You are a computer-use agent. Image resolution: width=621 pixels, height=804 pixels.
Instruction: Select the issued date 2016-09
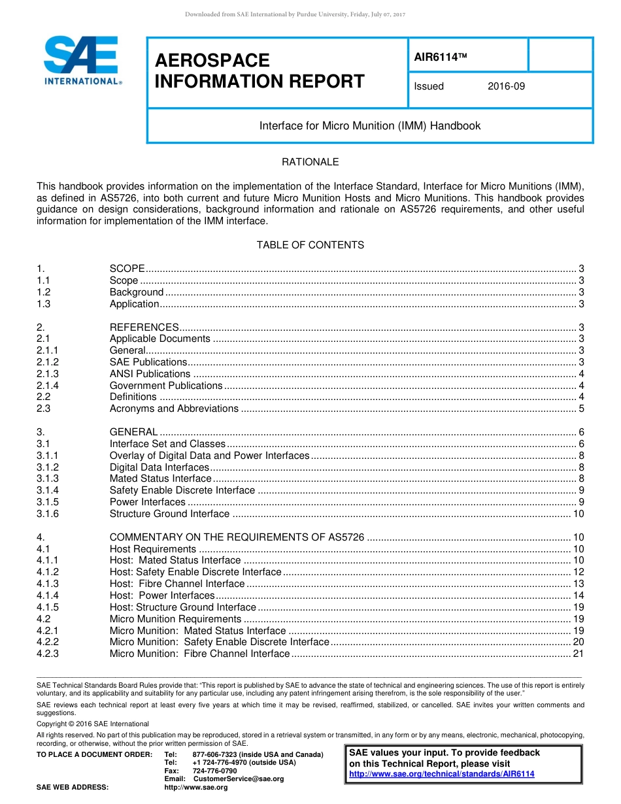pos(506,86)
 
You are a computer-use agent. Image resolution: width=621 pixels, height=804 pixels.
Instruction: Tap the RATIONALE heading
pos(310,162)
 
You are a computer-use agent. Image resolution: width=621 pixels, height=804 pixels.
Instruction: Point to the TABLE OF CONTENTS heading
pos(310,245)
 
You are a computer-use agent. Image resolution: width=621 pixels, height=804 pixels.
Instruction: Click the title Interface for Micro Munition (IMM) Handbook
pos(370,126)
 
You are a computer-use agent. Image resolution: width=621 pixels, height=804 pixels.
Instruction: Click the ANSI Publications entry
pos(150,374)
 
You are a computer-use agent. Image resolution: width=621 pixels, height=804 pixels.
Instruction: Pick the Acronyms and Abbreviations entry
pos(174,409)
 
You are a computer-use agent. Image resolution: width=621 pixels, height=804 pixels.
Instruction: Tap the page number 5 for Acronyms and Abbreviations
pos(581,409)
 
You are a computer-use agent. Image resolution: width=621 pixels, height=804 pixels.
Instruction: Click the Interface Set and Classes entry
pos(167,444)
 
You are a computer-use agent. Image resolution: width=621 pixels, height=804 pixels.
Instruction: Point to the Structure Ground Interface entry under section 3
pos(169,514)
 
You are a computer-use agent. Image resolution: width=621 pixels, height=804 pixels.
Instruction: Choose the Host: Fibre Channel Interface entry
pos(177,584)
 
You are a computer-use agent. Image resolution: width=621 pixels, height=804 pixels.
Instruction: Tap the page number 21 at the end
pos(578,654)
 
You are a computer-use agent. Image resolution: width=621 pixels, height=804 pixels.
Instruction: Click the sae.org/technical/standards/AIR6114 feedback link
pos(442,774)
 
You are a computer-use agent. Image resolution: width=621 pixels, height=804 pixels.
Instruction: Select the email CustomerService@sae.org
pos(239,779)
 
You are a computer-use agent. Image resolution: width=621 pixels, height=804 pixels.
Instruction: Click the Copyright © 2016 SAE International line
pos(93,724)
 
